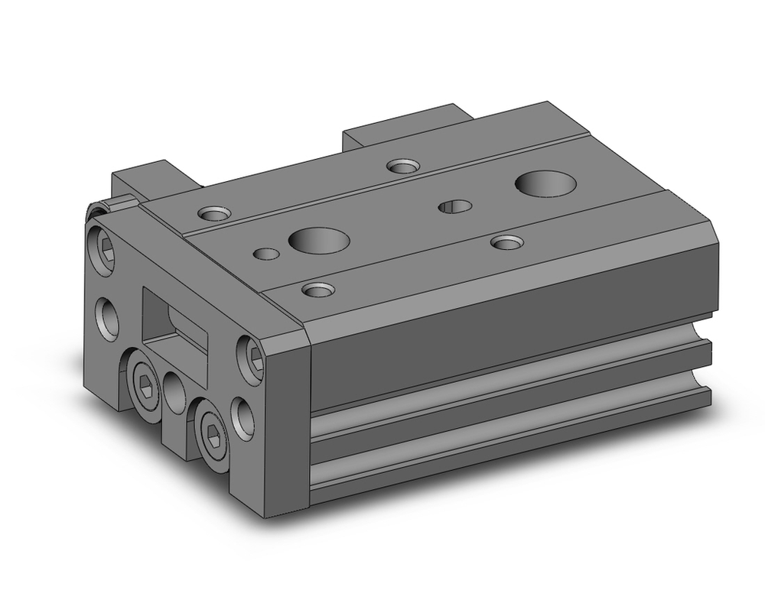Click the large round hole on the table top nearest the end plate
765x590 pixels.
pos(319,240)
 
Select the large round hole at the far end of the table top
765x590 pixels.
pos(545,183)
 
